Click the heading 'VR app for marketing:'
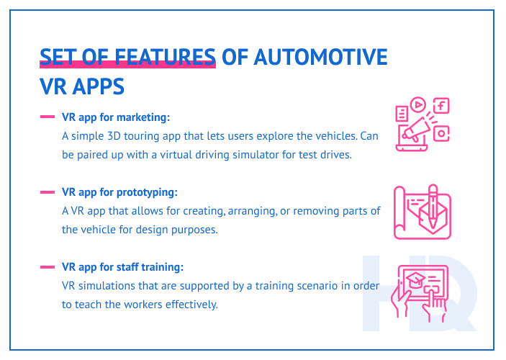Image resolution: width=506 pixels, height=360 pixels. click(116, 117)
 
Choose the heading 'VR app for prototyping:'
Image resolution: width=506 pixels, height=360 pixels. click(119, 192)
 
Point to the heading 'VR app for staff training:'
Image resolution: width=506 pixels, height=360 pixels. click(122, 267)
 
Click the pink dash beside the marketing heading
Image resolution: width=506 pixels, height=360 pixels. click(48, 117)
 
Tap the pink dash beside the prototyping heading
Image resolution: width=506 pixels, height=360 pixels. click(48, 192)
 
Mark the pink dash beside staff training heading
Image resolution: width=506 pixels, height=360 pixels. click(48, 267)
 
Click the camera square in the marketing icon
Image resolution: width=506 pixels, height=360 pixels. click(441, 133)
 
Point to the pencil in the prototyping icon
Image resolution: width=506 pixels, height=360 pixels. click(433, 201)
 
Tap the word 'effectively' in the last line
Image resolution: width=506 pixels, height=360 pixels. click(188, 305)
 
